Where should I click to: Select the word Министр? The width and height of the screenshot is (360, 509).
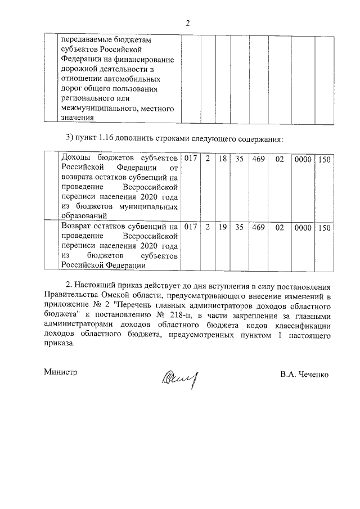[x=60, y=372]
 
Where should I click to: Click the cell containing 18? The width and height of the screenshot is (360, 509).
[x=223, y=160]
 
